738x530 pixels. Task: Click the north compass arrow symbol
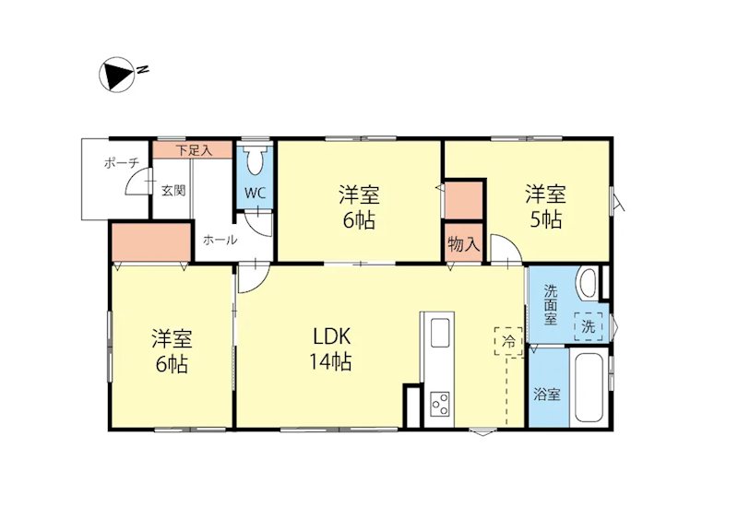[x=118, y=74]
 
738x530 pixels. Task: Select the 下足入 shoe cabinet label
[x=194, y=149]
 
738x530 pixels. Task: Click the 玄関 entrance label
[x=173, y=191]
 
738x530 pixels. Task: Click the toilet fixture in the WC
[x=256, y=161]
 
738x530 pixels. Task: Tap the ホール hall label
[x=220, y=240]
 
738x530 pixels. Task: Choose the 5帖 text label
[x=545, y=220]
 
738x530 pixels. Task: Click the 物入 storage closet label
[x=463, y=244]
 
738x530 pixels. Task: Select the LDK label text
[x=328, y=336]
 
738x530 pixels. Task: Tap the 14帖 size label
[x=328, y=361]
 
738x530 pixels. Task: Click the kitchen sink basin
[x=439, y=332]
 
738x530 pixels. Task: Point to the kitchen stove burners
[x=439, y=402]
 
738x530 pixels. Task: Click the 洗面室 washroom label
[x=551, y=303]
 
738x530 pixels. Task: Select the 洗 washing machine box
[x=588, y=325]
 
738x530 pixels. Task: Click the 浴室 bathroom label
[x=547, y=394]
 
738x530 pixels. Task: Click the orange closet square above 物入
[x=464, y=199]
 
